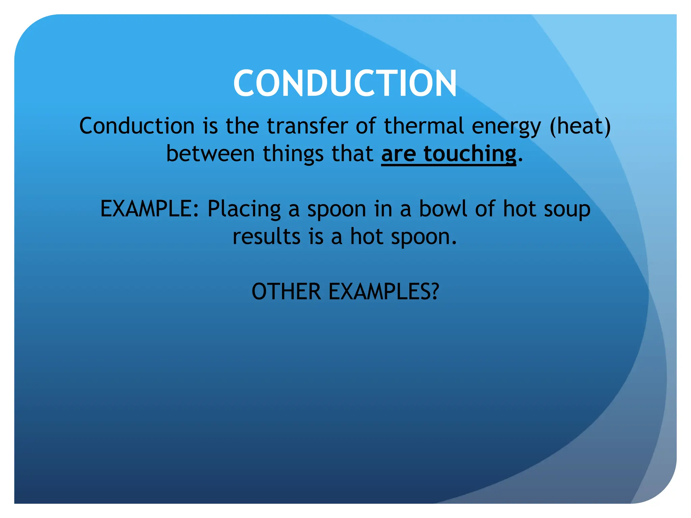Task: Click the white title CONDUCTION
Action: (345, 83)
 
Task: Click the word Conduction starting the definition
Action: (137, 126)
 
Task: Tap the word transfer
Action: (307, 126)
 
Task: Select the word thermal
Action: (424, 126)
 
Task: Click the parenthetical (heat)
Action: (580, 126)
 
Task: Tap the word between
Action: (210, 154)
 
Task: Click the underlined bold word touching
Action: (470, 154)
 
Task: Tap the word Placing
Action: (244, 209)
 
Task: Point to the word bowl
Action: (443, 209)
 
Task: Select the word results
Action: (266, 236)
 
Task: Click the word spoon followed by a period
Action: (423, 237)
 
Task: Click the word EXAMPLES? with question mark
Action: (384, 292)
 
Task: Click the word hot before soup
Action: (519, 209)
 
